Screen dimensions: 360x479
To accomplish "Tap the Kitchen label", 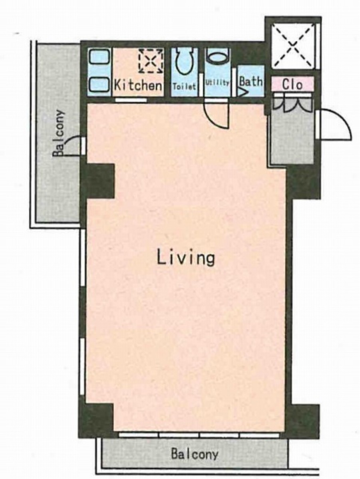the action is point(138,85).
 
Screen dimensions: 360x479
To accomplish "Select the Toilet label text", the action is point(184,86).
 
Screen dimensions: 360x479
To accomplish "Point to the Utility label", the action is point(217,82).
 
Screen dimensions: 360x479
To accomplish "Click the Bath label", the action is point(251,81).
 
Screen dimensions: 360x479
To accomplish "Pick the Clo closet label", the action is point(292,84).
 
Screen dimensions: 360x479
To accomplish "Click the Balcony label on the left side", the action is point(59,133).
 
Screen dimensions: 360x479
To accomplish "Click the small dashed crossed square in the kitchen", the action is point(151,61).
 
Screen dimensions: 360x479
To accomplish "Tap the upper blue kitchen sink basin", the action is point(99,56).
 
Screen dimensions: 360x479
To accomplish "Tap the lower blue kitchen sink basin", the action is point(99,85).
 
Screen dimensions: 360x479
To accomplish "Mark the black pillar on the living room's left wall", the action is point(98,181).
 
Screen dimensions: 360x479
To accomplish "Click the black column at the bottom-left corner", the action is point(96,420).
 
